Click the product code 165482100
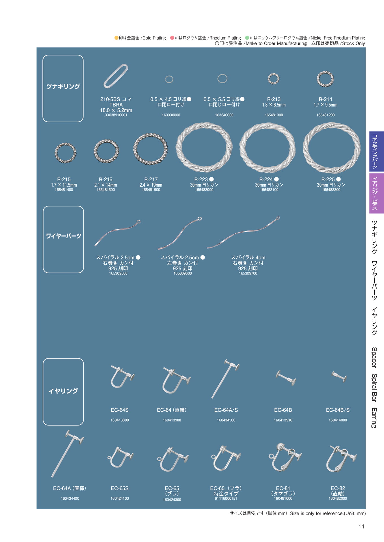click(269, 190)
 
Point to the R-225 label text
click(328, 179)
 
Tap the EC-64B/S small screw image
click(339, 377)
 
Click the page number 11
click(361, 526)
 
